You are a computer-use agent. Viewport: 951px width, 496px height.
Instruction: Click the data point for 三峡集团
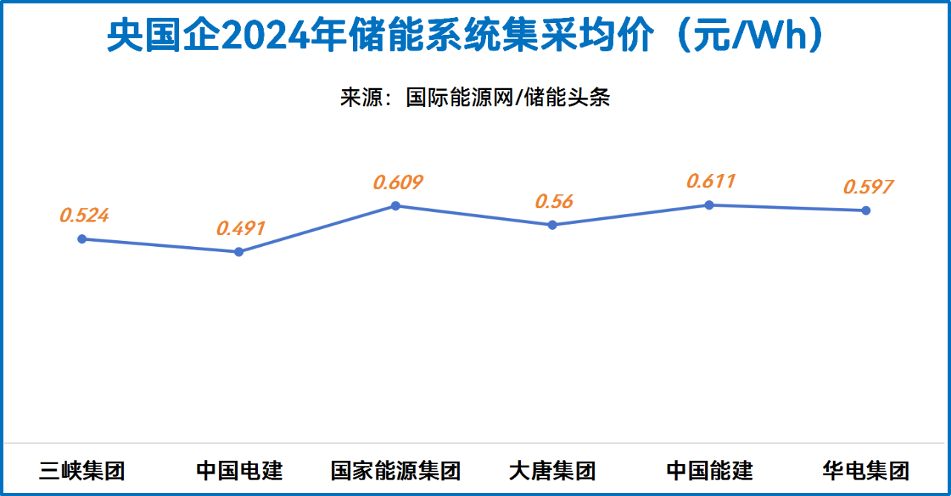click(x=82, y=239)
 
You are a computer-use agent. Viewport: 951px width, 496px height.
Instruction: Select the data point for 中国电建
click(x=238, y=252)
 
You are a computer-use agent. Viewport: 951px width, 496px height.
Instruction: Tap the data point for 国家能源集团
click(x=395, y=205)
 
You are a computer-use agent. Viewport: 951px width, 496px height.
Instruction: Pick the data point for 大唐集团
click(x=552, y=225)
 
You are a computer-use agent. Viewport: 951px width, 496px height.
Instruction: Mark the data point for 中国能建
click(x=709, y=204)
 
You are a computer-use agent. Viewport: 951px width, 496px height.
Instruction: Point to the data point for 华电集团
click(x=866, y=210)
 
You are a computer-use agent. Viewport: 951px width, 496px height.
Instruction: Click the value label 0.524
click(x=84, y=216)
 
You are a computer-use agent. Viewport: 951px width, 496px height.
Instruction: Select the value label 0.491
click(x=241, y=228)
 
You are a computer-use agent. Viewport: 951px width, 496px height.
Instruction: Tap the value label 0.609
click(x=397, y=182)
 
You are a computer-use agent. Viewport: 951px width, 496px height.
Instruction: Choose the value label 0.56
click(x=554, y=202)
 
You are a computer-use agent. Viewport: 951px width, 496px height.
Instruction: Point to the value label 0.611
click(x=711, y=181)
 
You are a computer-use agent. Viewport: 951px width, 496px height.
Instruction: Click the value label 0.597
click(x=868, y=187)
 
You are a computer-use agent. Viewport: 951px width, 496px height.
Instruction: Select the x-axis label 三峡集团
click(x=82, y=471)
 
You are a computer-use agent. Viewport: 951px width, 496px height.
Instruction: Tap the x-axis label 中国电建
click(x=238, y=471)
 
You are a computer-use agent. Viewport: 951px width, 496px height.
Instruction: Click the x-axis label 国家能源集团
click(x=395, y=471)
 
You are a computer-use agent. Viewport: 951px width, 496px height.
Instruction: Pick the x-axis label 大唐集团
click(x=552, y=471)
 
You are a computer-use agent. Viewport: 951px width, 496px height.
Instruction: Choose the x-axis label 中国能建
click(x=709, y=471)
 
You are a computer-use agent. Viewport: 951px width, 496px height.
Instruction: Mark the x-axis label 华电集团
click(x=866, y=471)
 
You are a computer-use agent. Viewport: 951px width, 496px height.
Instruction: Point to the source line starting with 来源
click(x=475, y=97)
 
